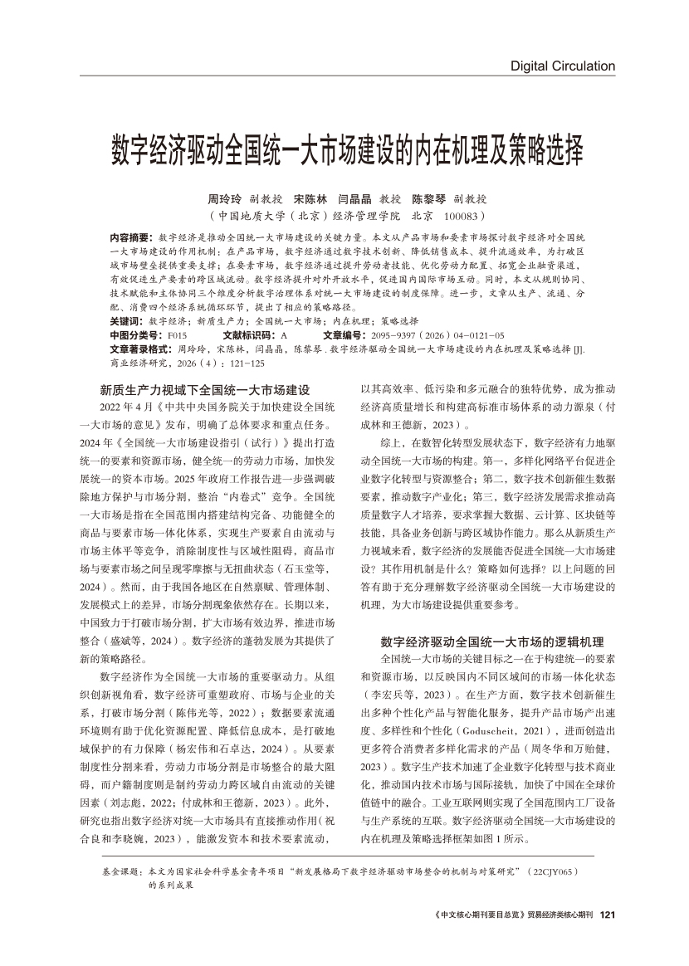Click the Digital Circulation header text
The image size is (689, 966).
pos(562,66)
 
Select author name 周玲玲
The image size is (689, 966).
pos(223,200)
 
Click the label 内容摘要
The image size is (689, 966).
pos(131,237)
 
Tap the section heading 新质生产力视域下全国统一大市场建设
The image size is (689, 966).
pos(205,389)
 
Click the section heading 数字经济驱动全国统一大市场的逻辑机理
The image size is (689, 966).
pos(492,618)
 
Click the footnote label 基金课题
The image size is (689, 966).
pos(120,874)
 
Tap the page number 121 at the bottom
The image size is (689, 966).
pos(606,915)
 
